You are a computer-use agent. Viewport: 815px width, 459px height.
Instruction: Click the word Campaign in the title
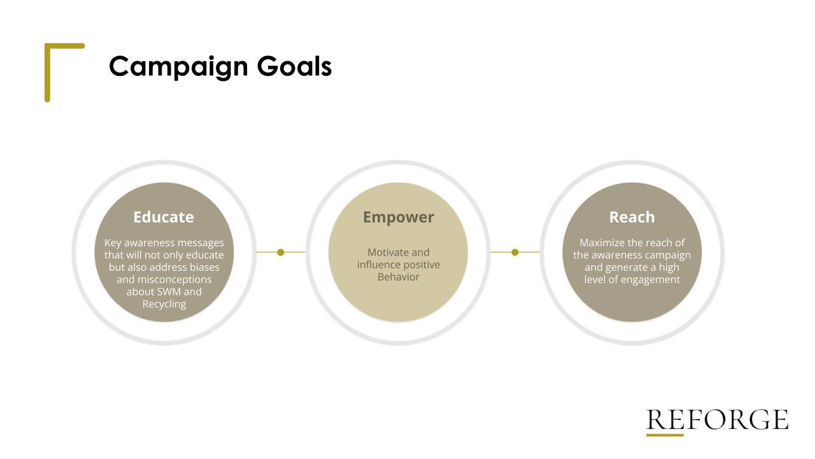pyautogui.click(x=178, y=67)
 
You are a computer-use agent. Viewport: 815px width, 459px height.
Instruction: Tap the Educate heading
pyautogui.click(x=164, y=217)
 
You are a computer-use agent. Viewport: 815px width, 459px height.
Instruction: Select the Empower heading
pyautogui.click(x=399, y=217)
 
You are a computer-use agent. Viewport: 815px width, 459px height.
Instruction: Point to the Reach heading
pyautogui.click(x=632, y=217)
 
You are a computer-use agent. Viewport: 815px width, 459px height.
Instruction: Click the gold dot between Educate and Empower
pyautogui.click(x=281, y=252)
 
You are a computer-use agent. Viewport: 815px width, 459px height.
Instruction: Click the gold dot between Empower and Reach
pyautogui.click(x=515, y=252)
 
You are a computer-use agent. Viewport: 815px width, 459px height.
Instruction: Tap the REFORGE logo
pyautogui.click(x=717, y=419)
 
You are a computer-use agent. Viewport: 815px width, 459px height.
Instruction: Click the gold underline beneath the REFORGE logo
pyautogui.click(x=665, y=435)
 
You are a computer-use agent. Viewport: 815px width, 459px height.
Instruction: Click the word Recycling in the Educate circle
pyautogui.click(x=164, y=304)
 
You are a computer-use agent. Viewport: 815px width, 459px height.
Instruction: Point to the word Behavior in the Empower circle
pyautogui.click(x=399, y=277)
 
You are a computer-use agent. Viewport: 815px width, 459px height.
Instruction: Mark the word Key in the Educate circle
pyautogui.click(x=113, y=243)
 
